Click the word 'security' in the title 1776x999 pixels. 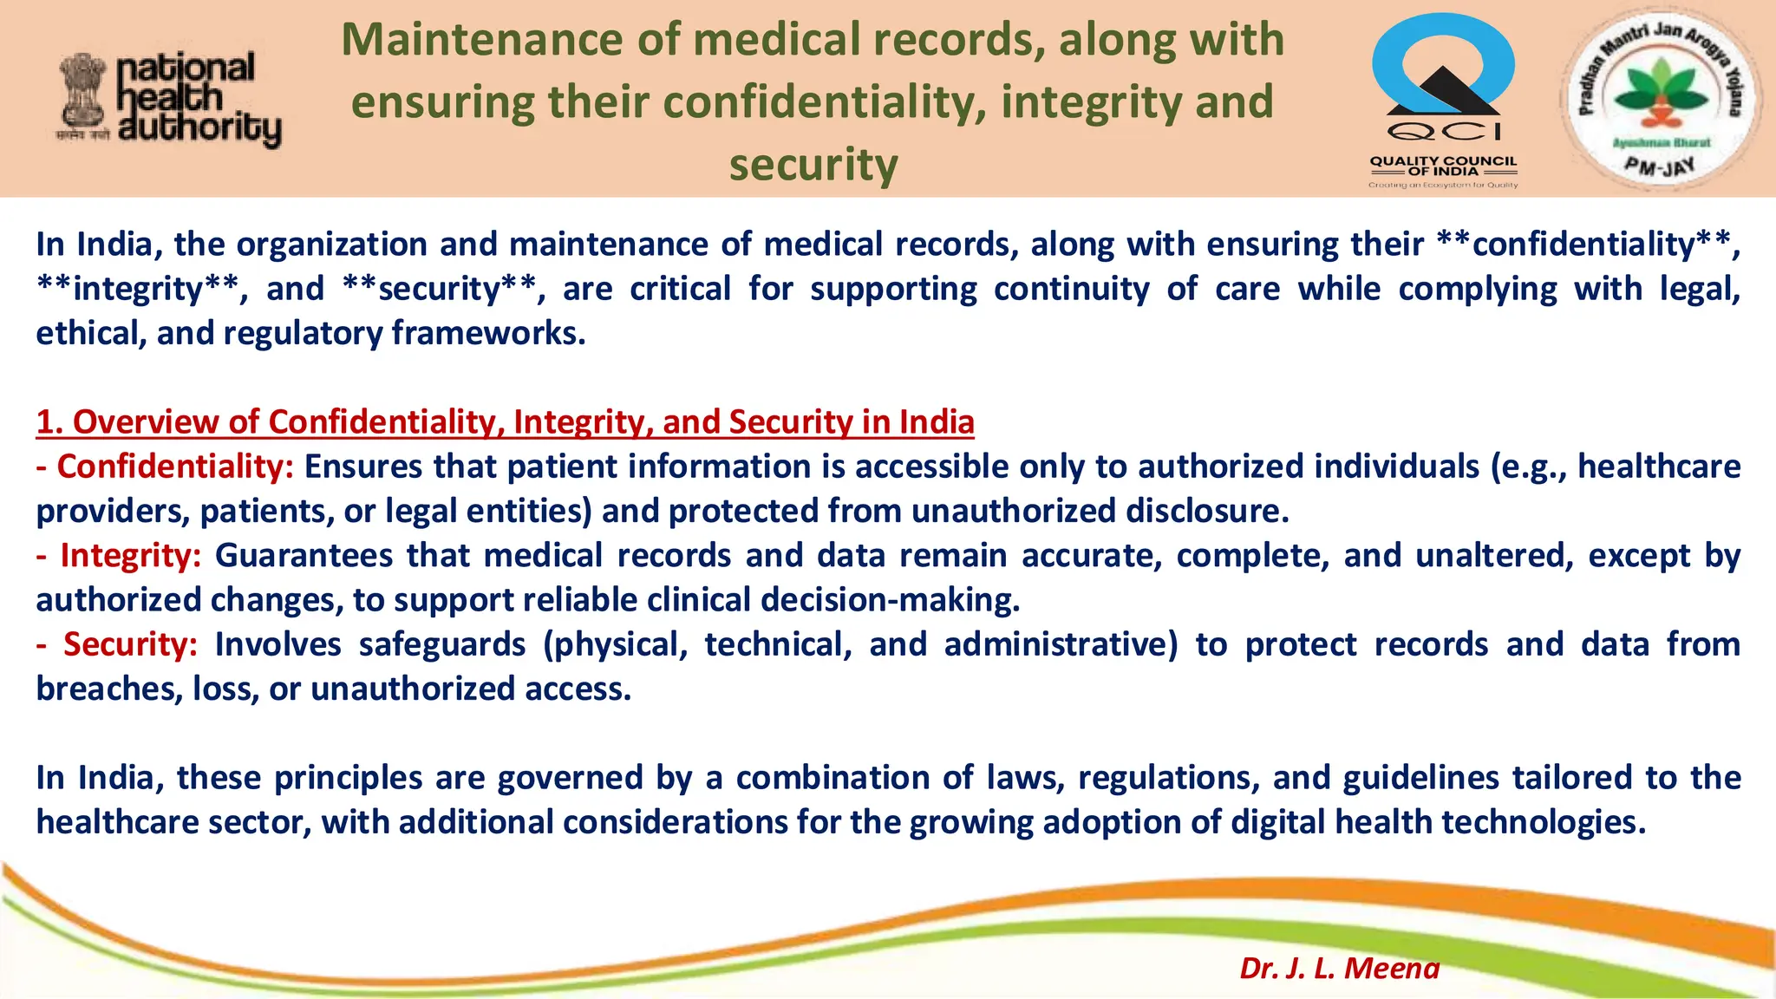pos(813,165)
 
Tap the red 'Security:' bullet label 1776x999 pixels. pos(130,644)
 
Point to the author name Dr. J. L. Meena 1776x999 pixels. pos(1339,968)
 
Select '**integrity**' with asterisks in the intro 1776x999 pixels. pos(137,289)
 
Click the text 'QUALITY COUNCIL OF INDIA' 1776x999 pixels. pos(1443,166)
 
